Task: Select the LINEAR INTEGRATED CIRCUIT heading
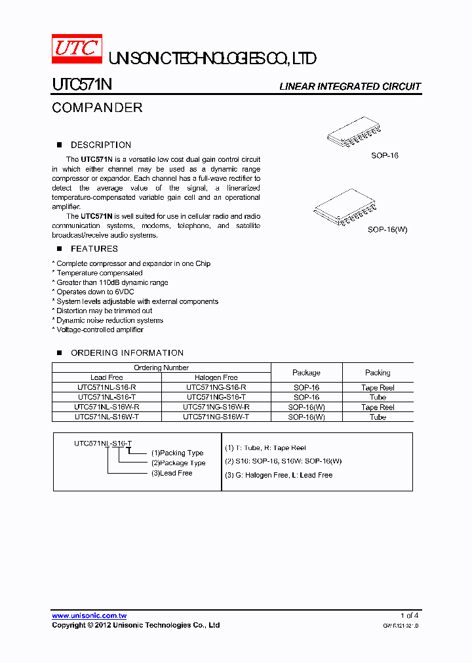[349, 86]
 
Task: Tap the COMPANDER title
[97, 107]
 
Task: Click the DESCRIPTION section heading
[100, 145]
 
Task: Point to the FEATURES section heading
[94, 249]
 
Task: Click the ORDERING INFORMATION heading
[127, 352]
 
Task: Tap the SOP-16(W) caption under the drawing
[387, 230]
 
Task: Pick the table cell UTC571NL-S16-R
[106, 387]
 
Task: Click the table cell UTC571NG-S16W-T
[216, 417]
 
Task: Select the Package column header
[306, 373]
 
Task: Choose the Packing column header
[378, 373]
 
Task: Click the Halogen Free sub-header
[216, 377]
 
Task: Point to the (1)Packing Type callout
[177, 453]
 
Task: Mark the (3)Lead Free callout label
[172, 473]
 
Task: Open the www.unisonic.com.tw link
[89, 616]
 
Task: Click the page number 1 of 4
[409, 616]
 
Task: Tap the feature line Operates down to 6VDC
[94, 292]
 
